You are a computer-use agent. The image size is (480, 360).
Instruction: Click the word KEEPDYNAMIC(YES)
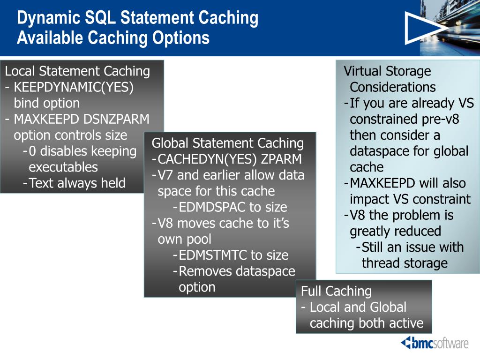pyautogui.click(x=74, y=88)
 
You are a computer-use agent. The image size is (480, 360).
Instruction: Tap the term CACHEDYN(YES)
pyautogui.click(x=207, y=159)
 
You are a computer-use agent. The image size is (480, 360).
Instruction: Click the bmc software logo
pyautogui.click(x=435, y=343)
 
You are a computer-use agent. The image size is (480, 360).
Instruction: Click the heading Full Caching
pyautogui.click(x=336, y=291)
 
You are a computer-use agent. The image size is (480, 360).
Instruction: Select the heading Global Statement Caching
pyautogui.click(x=228, y=143)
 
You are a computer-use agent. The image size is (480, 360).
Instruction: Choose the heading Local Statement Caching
pyautogui.click(x=77, y=71)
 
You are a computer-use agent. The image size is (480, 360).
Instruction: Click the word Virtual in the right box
pyautogui.click(x=362, y=71)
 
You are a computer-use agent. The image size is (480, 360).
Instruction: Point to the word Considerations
pyautogui.click(x=393, y=87)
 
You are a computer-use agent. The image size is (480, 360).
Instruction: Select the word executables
pyautogui.click(x=63, y=167)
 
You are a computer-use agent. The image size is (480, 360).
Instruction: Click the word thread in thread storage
pyautogui.click(x=381, y=263)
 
